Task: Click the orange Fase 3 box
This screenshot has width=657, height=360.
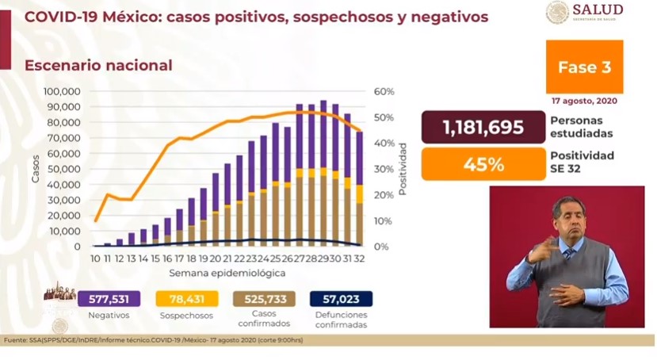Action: coord(584,67)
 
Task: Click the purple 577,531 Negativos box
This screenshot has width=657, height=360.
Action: coord(109,298)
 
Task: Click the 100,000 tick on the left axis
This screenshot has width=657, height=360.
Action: coord(62,91)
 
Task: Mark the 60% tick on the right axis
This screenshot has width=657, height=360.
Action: coord(383,91)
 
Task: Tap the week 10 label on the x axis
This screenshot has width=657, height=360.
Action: coord(95,259)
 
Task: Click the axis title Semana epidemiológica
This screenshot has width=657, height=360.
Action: coord(227,273)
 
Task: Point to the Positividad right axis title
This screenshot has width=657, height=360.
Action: coord(403,169)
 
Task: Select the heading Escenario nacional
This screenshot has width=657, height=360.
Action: coord(98,66)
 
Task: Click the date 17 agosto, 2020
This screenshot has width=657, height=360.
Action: coord(584,101)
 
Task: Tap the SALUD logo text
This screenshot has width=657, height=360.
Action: coord(595,10)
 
